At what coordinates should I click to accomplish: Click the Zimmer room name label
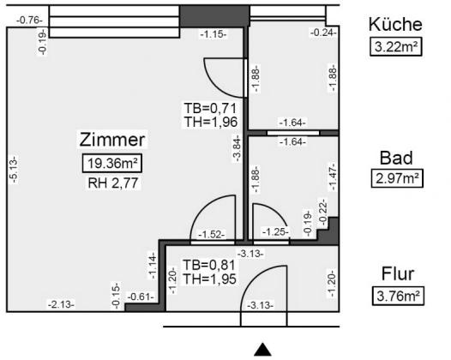tap(112, 140)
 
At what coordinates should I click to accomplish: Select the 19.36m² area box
tap(112, 164)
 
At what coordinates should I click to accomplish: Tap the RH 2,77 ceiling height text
tap(113, 183)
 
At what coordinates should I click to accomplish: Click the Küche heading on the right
tap(395, 25)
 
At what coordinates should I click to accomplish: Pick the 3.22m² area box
tap(396, 46)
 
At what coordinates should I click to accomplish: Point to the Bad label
tap(396, 158)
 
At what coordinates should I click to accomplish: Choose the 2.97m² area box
tap(397, 178)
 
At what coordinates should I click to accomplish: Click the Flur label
tap(398, 274)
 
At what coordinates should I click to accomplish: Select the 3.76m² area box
tap(398, 296)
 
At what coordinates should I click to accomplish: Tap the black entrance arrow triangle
tap(262, 350)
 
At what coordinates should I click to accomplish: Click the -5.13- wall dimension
tap(15, 170)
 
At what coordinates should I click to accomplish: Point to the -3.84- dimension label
tap(237, 148)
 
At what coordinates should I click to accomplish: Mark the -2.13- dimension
tap(61, 304)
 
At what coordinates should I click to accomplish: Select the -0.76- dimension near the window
tap(29, 21)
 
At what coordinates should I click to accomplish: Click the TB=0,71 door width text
tap(211, 109)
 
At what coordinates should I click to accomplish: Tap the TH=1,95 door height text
tap(210, 279)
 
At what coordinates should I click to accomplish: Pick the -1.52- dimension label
tap(212, 235)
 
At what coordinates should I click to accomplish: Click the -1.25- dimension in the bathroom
tap(275, 231)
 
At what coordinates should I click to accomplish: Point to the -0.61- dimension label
tap(141, 297)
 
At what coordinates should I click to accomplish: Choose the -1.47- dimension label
tap(333, 177)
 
